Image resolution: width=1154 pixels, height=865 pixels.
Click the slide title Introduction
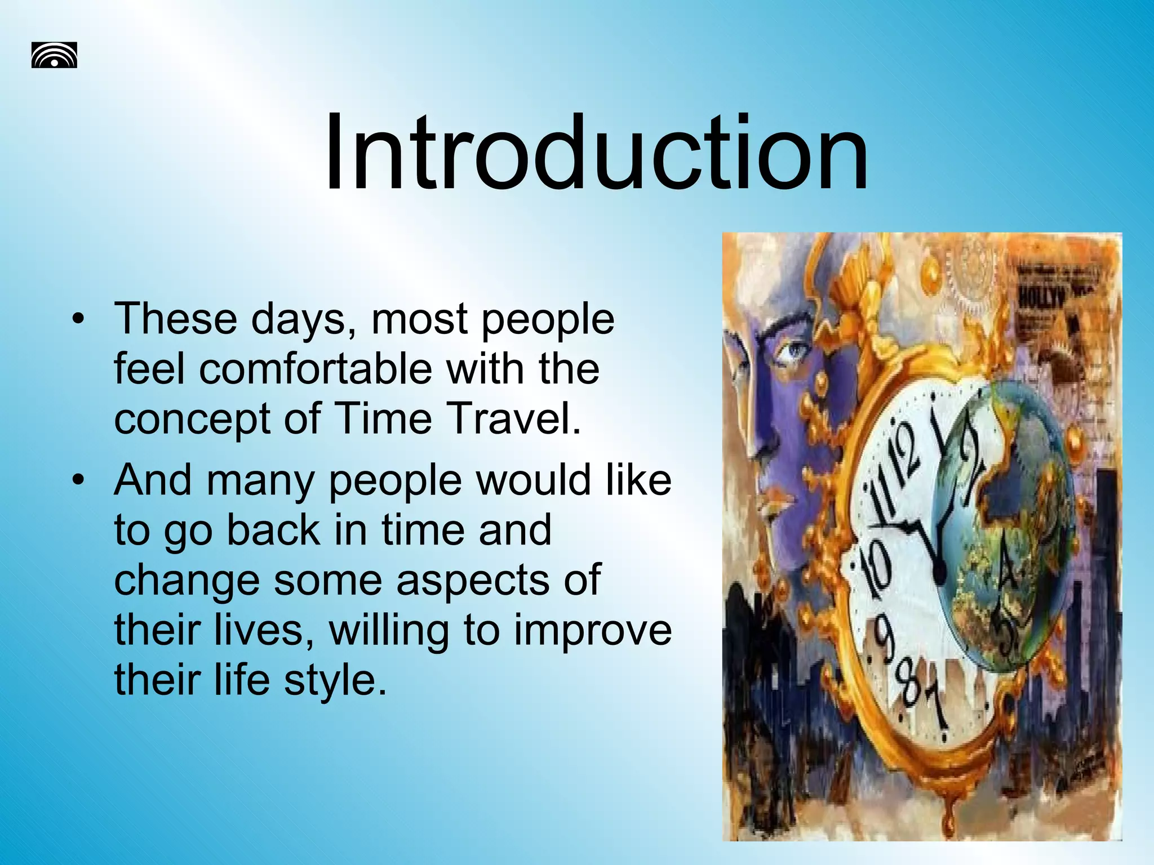(596, 153)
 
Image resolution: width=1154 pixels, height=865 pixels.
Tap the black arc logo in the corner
(54, 55)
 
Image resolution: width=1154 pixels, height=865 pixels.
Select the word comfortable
(316, 369)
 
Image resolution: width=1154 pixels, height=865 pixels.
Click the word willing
(389, 631)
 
